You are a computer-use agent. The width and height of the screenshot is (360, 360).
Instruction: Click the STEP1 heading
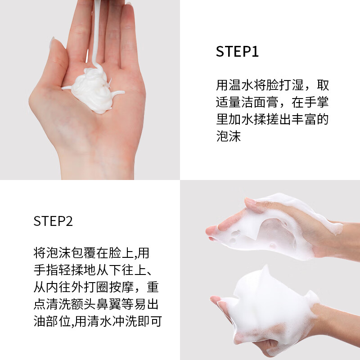click(237, 52)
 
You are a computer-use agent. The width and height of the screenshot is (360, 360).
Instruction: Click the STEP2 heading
click(53, 221)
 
